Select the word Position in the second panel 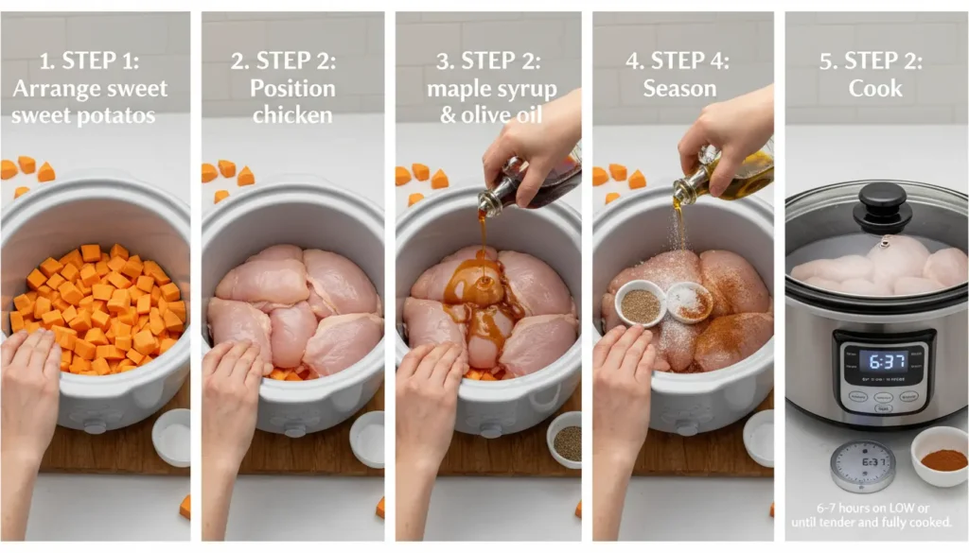click(x=292, y=89)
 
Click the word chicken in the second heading click(x=292, y=115)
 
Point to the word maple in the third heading click(x=456, y=89)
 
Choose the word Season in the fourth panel click(x=679, y=89)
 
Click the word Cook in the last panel click(x=875, y=89)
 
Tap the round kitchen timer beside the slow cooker click(x=862, y=466)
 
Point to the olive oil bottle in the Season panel click(x=729, y=171)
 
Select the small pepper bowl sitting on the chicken click(x=640, y=303)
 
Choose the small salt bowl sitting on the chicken click(x=688, y=302)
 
